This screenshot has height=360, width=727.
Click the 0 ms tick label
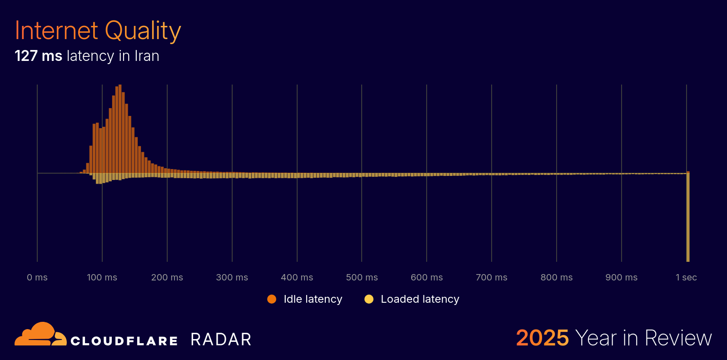coord(37,277)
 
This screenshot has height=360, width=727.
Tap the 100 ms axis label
coord(102,277)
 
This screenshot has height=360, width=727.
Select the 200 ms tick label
coord(167,277)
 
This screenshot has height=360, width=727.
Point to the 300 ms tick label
coord(232,277)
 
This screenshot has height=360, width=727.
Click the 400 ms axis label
coord(297,277)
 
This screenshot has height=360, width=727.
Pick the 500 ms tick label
coord(362,277)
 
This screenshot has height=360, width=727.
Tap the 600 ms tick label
coord(427,277)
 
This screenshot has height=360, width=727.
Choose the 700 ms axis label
coord(492,277)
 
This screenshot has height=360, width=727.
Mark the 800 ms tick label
coord(557,277)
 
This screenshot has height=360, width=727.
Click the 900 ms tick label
coord(622,277)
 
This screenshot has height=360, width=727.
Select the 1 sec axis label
coord(686,277)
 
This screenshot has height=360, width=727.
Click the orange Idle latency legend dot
coord(272,299)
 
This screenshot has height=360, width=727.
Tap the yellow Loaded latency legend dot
coord(369,299)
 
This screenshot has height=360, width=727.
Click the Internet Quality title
coord(98,31)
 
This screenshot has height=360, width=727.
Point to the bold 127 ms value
coord(38,56)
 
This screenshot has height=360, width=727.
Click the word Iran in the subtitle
coord(147,56)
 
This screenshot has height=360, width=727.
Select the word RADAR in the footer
coord(221,340)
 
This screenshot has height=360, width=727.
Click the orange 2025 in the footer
coord(542,338)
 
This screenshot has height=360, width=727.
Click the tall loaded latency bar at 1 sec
coord(688,218)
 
